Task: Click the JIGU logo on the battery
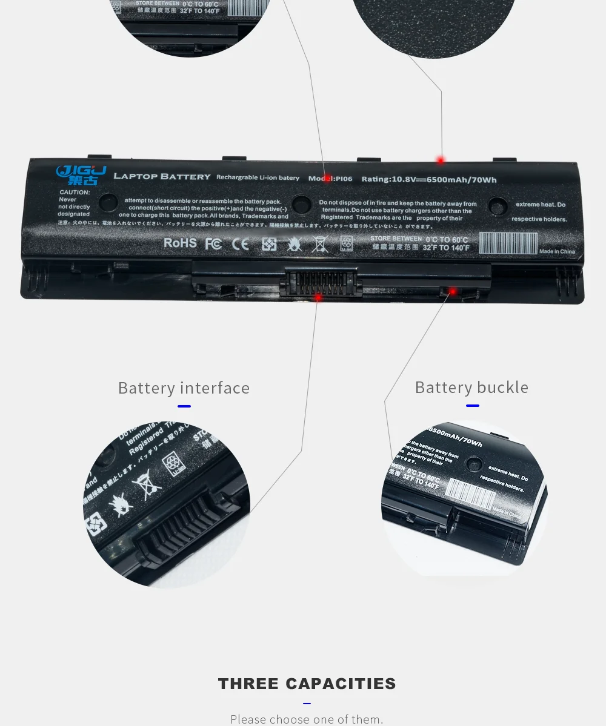pyautogui.click(x=81, y=174)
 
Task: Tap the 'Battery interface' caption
pyautogui.click(x=184, y=388)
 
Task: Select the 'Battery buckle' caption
pyautogui.click(x=471, y=388)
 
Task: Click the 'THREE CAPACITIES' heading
pyautogui.click(x=307, y=684)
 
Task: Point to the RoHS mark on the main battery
pyautogui.click(x=180, y=243)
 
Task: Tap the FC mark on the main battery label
pyautogui.click(x=213, y=243)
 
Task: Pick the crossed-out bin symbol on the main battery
pyautogui.click(x=320, y=244)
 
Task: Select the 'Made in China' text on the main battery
pyautogui.click(x=556, y=251)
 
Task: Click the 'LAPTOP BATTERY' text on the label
pyautogui.click(x=162, y=177)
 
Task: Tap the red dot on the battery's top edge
pyautogui.click(x=441, y=160)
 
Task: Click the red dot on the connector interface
pyautogui.click(x=318, y=297)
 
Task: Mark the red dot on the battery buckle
pyautogui.click(x=452, y=292)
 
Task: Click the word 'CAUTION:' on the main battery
pyautogui.click(x=75, y=193)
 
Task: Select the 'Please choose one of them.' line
pyautogui.click(x=307, y=719)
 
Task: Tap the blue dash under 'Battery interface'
pyautogui.click(x=184, y=406)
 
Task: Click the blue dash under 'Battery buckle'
pyautogui.click(x=471, y=406)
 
